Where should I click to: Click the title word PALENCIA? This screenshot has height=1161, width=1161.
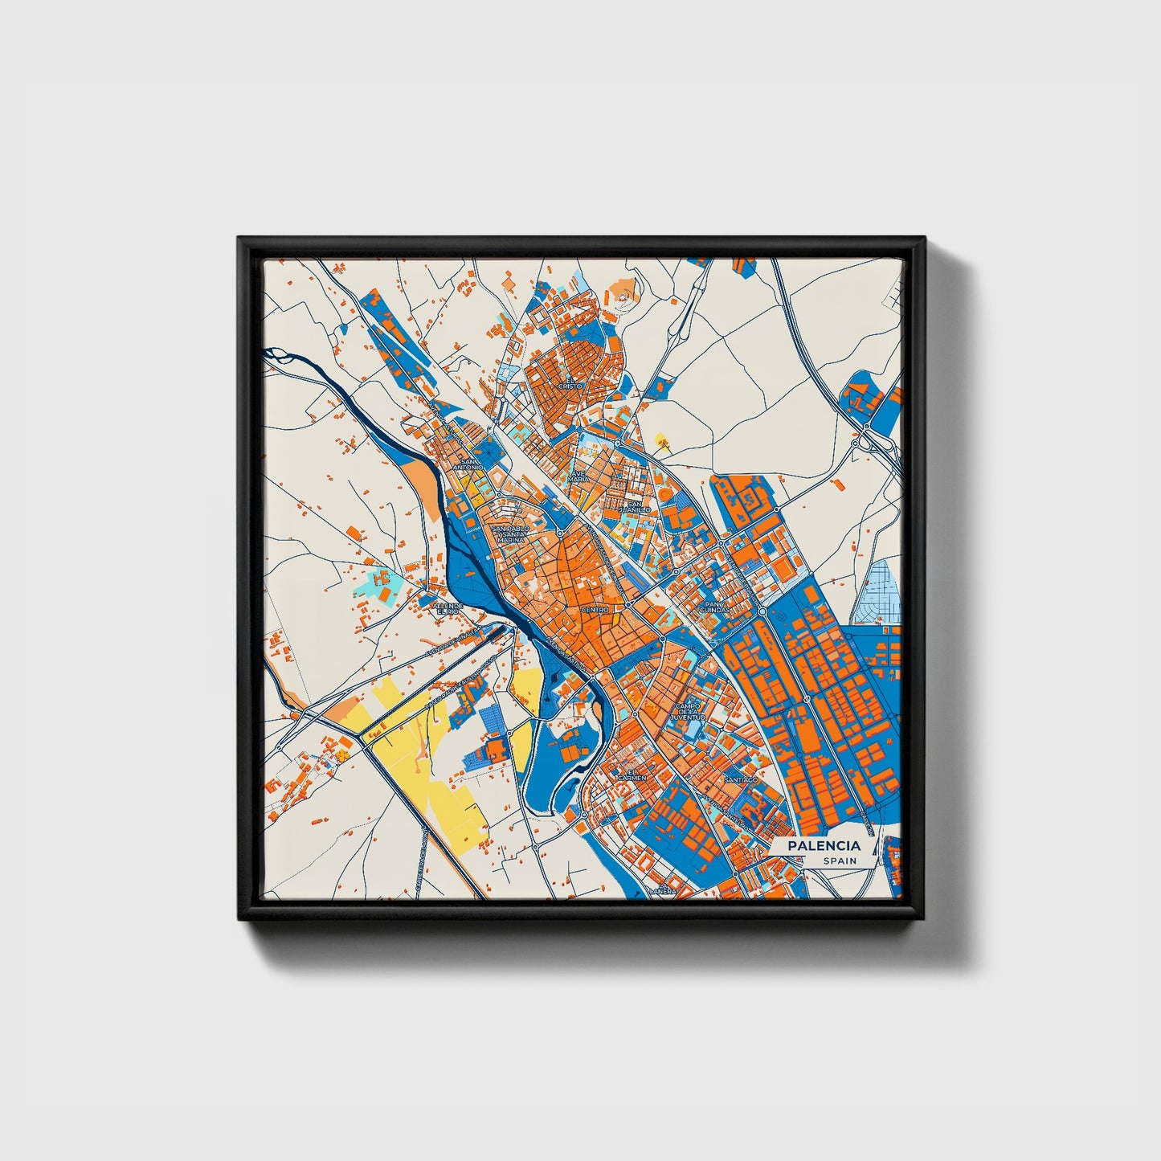(824, 845)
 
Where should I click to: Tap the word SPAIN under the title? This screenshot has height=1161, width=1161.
(840, 861)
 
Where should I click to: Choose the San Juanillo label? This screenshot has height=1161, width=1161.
(634, 507)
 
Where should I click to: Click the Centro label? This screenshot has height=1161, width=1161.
(595, 610)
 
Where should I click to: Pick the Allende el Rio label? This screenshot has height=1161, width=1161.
(448, 607)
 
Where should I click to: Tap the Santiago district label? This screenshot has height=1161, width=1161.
(740, 779)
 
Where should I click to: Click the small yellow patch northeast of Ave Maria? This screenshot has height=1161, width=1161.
(662, 439)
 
